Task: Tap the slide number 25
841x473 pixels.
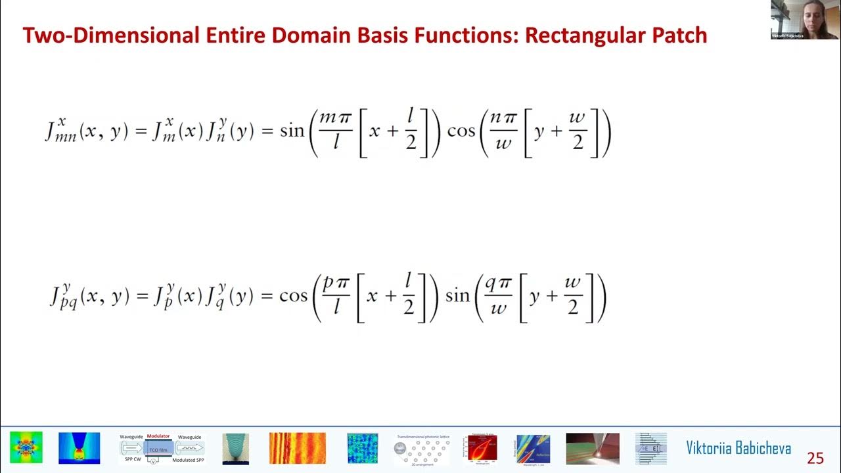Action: (x=815, y=458)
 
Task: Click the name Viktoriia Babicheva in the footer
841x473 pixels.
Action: (x=739, y=449)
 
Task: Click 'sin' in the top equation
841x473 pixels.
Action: (x=292, y=131)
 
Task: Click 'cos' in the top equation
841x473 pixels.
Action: (x=461, y=131)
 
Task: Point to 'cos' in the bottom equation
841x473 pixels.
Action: (x=293, y=296)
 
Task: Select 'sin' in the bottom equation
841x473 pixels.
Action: (x=458, y=296)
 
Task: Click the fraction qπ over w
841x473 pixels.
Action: (x=499, y=296)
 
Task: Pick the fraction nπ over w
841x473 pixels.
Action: (x=504, y=130)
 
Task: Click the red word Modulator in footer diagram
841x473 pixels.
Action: (x=158, y=436)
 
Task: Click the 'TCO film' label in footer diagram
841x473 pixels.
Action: (x=158, y=449)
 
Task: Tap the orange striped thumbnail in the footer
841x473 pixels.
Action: (x=297, y=448)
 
